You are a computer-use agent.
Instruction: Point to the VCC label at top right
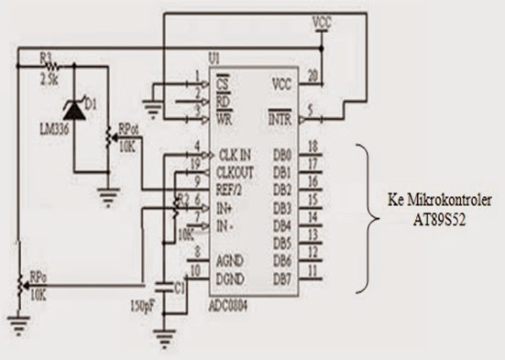click(x=323, y=20)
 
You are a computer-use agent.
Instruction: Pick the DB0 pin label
click(x=282, y=155)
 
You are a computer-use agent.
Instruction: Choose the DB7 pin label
click(x=282, y=278)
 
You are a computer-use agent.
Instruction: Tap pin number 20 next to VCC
click(x=313, y=75)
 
